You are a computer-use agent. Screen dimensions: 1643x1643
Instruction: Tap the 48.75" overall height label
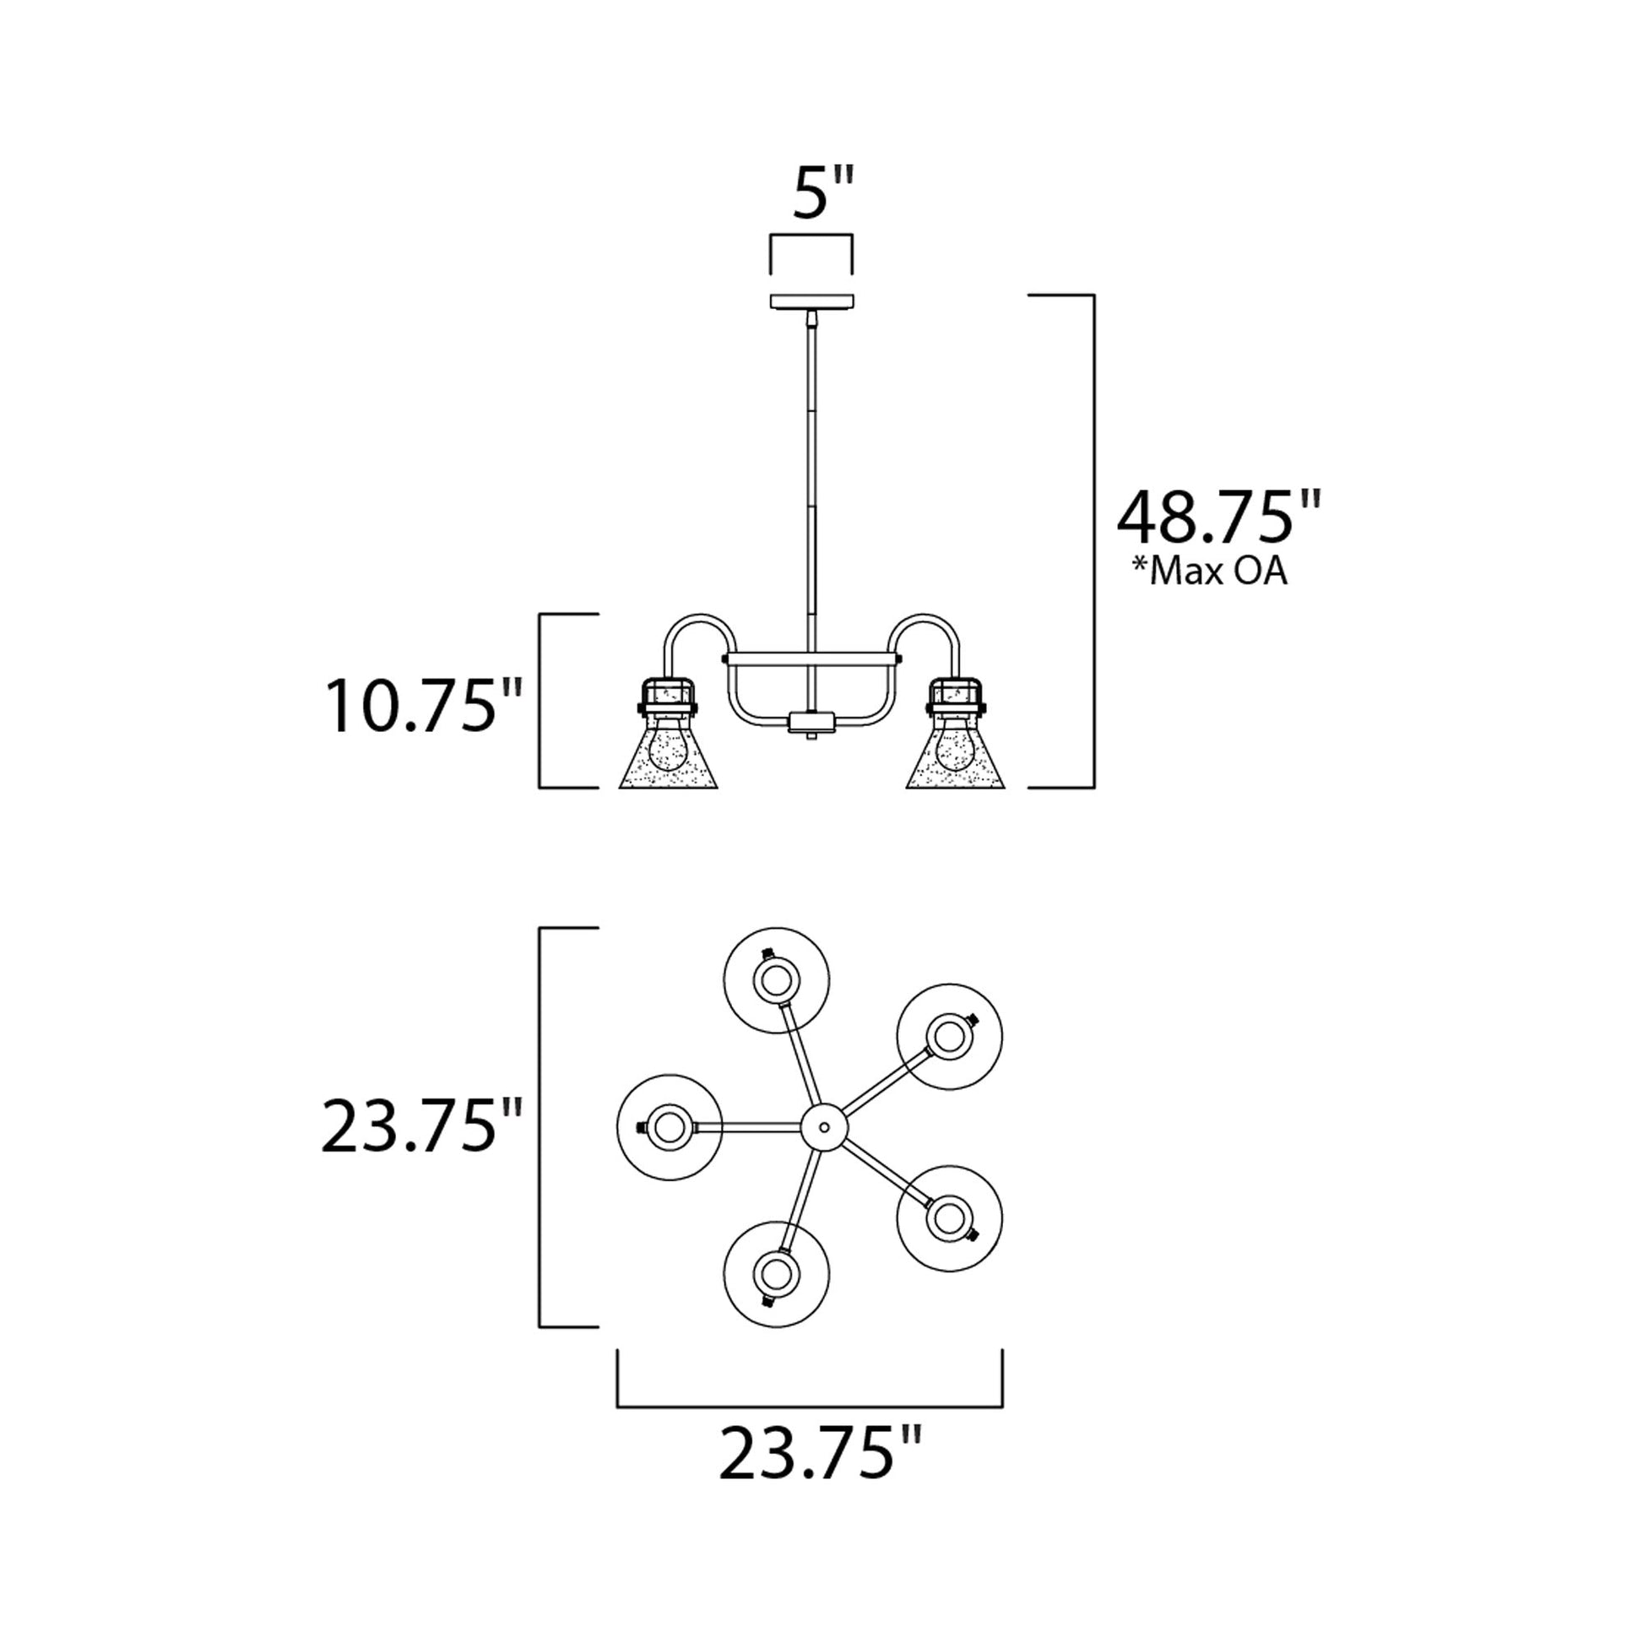[x=1218, y=518]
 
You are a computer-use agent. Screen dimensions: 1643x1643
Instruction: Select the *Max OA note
[x=1207, y=573]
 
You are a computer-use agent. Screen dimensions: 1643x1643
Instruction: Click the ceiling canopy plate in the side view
[x=813, y=301]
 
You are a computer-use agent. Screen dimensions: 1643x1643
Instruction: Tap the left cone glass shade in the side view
[x=669, y=762]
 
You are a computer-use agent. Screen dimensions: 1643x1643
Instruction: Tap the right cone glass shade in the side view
[x=956, y=762]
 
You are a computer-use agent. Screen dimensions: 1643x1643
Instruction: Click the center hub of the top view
[x=823, y=1126]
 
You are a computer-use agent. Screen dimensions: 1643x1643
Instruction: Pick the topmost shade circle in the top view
[x=776, y=980]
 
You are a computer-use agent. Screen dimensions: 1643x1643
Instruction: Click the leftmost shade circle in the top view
[x=669, y=1126]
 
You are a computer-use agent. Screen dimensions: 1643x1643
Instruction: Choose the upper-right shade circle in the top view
[x=949, y=1037]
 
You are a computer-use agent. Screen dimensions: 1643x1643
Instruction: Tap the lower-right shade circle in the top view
[x=949, y=1217]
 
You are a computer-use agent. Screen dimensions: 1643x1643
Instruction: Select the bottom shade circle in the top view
[x=776, y=1273]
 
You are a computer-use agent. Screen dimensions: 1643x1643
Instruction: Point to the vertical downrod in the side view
[x=814, y=476]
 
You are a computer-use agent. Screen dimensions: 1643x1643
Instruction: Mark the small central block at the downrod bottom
[x=814, y=723]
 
